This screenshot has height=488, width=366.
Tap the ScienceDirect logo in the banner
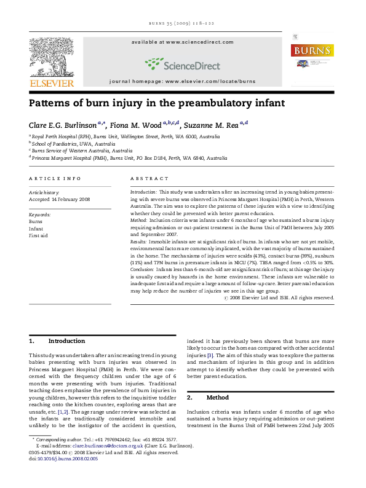click(x=182, y=63)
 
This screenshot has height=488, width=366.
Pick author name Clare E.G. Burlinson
click(x=65, y=125)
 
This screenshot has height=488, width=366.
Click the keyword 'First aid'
click(x=38, y=234)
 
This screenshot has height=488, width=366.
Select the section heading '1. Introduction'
click(x=58, y=340)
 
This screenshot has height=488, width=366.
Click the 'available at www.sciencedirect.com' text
click(x=182, y=42)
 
